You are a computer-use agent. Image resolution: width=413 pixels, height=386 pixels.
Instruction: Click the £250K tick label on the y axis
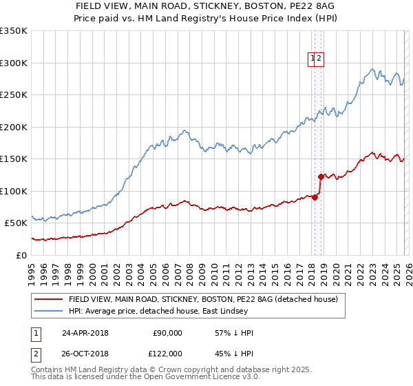pyautogui.click(x=13, y=95)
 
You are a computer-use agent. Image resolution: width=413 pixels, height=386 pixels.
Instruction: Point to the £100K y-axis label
pyautogui.click(x=13, y=191)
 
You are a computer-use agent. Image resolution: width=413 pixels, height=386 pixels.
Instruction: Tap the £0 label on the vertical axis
pyautogui.click(x=21, y=255)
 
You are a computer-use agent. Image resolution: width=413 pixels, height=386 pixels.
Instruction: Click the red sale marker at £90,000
pyautogui.click(x=315, y=197)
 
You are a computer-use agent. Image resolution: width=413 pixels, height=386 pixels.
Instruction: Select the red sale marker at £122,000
pyautogui.click(x=321, y=176)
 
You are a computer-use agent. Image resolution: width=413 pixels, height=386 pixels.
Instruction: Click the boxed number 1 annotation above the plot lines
pyautogui.click(x=313, y=59)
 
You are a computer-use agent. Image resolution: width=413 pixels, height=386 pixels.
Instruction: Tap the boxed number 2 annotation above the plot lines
pyautogui.click(x=320, y=59)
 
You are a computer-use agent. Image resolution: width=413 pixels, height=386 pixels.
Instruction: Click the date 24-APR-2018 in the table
pyautogui.click(x=86, y=333)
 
